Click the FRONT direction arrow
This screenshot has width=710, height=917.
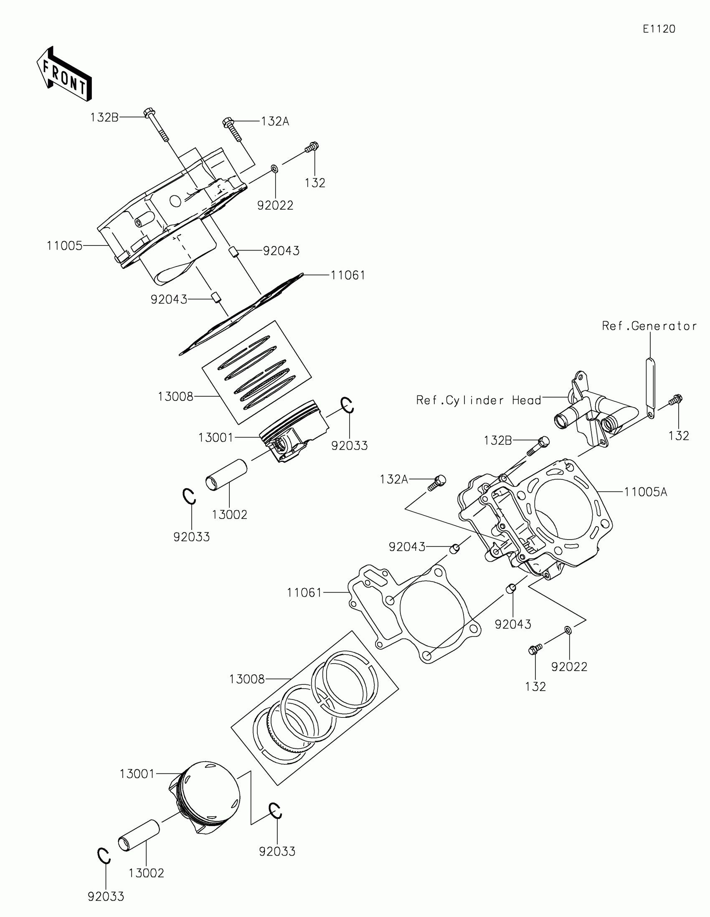coord(64,75)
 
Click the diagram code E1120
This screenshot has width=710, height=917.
coord(659,29)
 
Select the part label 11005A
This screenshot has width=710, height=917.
coord(645,491)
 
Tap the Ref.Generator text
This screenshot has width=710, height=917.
coord(649,326)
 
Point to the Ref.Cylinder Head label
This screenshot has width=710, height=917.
coord(478,400)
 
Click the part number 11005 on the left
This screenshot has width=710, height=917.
coord(64,246)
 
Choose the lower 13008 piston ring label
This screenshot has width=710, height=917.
coord(247,679)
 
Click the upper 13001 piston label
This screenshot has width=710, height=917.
coord(216,438)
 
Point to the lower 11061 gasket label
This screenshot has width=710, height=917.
coord(304,593)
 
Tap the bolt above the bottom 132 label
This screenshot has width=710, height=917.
coord(535,650)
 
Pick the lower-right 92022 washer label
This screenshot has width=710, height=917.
coord(569,666)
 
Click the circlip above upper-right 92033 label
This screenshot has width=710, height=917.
coord(347,405)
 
